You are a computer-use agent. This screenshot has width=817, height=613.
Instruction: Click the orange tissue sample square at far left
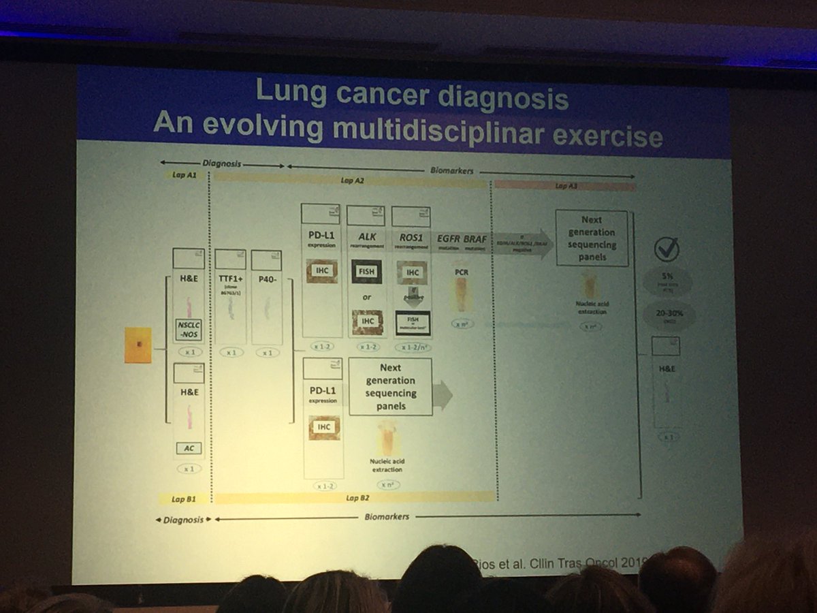[x=139, y=344]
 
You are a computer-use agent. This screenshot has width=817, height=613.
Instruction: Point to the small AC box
[x=189, y=447]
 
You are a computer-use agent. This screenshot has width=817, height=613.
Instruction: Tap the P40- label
[x=266, y=278]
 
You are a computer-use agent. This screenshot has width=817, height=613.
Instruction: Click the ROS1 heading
[x=413, y=236]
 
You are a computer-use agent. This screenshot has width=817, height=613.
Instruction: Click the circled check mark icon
[x=667, y=249]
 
